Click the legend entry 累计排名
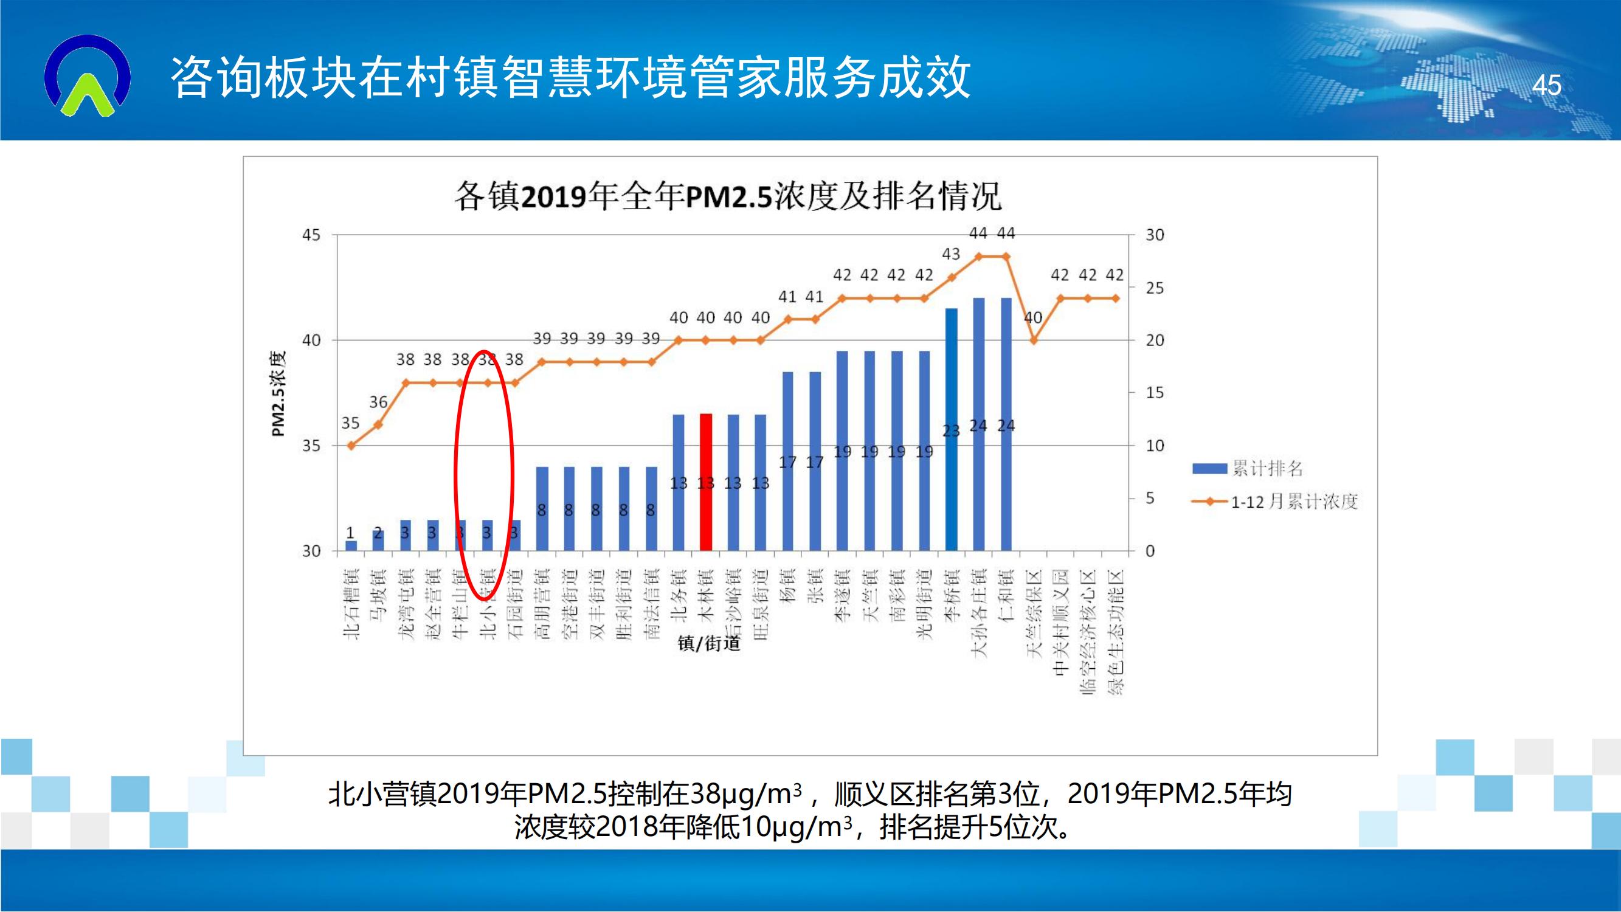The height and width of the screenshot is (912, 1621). pos(1247,468)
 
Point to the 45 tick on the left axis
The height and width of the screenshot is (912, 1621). pos(311,235)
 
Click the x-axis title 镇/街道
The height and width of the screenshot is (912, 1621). pos(708,643)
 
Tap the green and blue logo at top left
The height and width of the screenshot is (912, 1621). pos(88,76)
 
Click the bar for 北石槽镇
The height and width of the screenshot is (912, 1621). pos(351,546)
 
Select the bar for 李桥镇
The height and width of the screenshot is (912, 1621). pos(951,429)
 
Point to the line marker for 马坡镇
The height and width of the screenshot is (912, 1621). pos(378,425)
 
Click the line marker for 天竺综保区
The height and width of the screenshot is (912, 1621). pos(1033,340)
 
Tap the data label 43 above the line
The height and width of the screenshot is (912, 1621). pos(950,254)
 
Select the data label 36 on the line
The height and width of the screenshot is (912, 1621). pos(378,402)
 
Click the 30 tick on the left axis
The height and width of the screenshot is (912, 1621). pos(311,551)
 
